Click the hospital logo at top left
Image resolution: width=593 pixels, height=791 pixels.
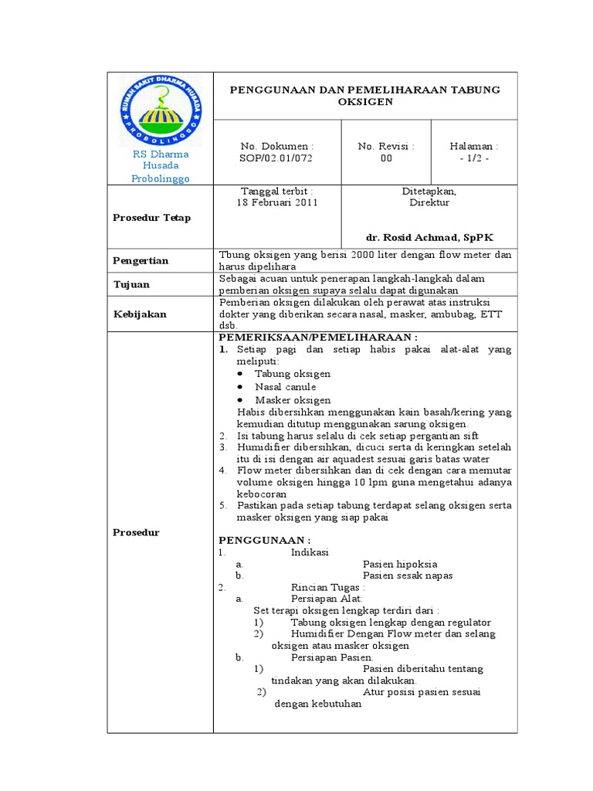pyautogui.click(x=160, y=111)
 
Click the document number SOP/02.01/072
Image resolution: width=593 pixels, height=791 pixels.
pyautogui.click(x=276, y=158)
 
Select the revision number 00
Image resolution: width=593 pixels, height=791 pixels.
pyautogui.click(x=386, y=158)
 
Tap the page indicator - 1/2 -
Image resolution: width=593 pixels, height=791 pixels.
pyautogui.click(x=474, y=158)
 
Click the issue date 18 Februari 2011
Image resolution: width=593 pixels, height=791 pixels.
pyautogui.click(x=276, y=203)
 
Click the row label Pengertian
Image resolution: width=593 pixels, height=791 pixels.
pyautogui.click(x=142, y=261)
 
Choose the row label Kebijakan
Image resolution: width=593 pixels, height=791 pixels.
pyautogui.click(x=141, y=314)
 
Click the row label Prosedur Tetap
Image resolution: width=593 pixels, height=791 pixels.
pyautogui.click(x=152, y=218)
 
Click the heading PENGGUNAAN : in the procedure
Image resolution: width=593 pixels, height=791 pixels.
pyautogui.click(x=265, y=540)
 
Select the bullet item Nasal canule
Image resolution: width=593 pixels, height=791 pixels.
pyautogui.click(x=285, y=386)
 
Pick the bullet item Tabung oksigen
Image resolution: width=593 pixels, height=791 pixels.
pyautogui.click(x=293, y=373)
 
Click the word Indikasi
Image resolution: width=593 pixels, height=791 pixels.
pyautogui.click(x=309, y=552)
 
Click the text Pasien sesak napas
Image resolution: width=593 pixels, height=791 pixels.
pyautogui.click(x=407, y=575)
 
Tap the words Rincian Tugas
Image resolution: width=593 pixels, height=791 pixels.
pyautogui.click(x=327, y=587)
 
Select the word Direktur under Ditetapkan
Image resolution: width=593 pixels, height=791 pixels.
pyautogui.click(x=429, y=203)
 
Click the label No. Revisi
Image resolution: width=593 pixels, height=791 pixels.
pyautogui.click(x=386, y=146)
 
